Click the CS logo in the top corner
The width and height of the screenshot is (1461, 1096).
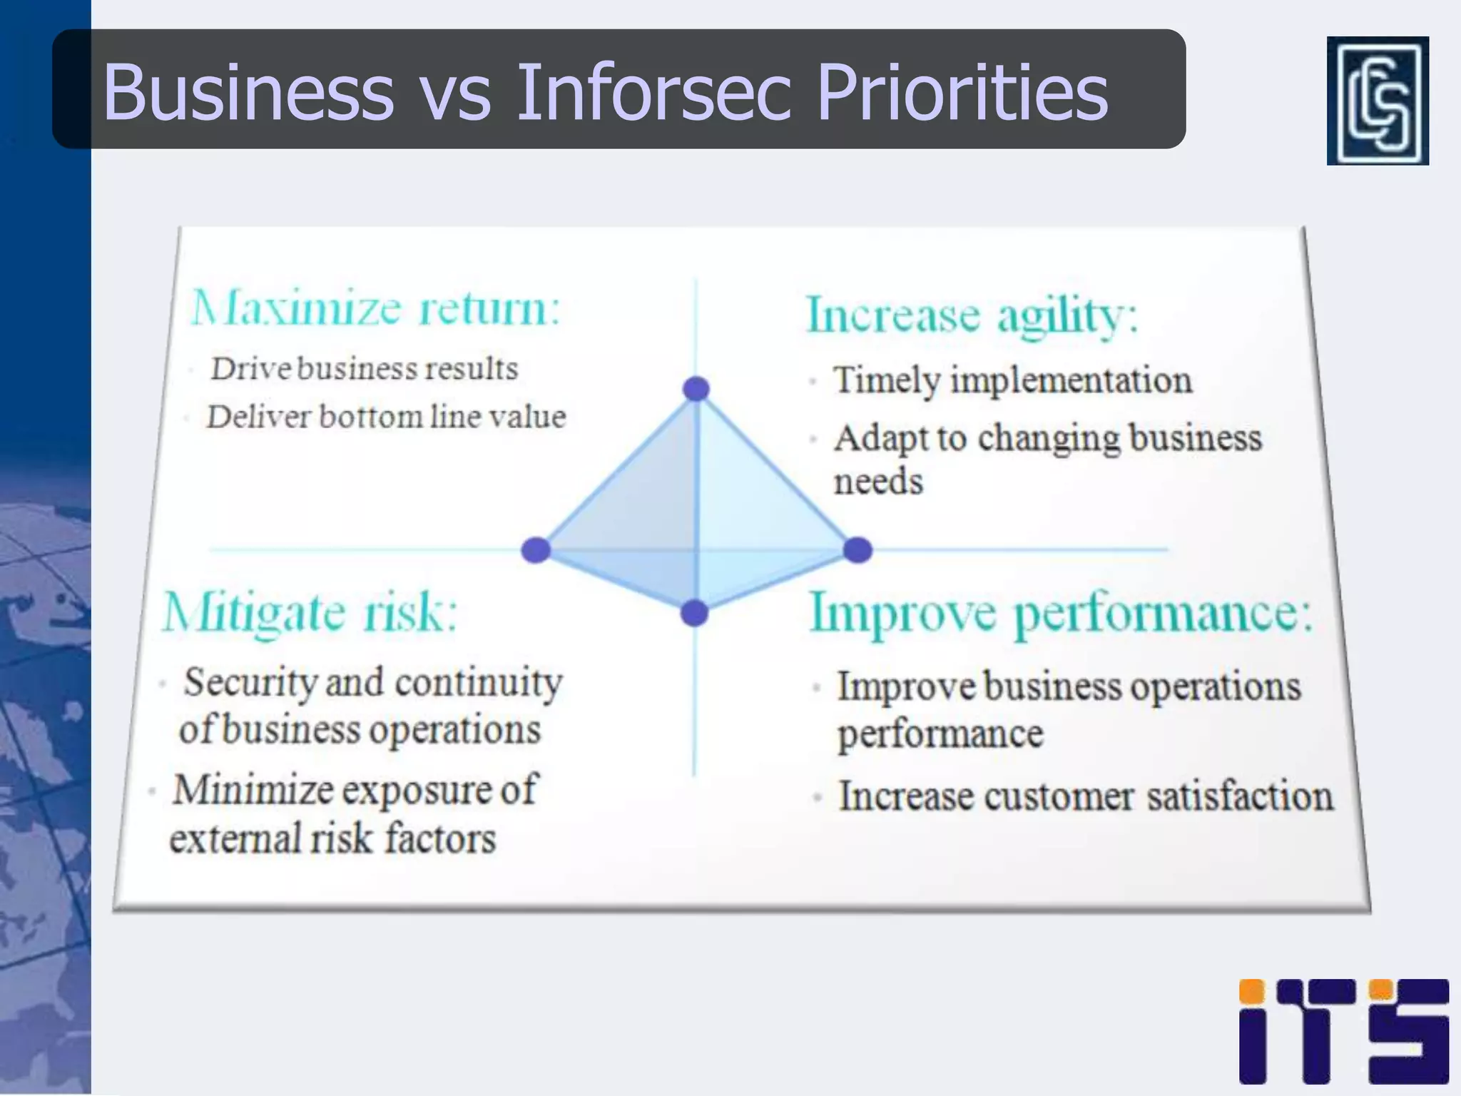(1377, 101)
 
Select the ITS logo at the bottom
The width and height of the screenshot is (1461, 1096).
(1343, 1031)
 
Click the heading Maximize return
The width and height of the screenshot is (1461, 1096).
(376, 308)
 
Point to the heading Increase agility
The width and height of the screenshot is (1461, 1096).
(971, 315)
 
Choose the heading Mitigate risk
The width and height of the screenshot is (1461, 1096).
(310, 612)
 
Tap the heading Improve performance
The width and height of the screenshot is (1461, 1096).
(1061, 612)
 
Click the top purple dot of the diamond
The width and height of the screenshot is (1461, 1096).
(696, 389)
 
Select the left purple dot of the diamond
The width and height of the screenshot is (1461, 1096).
(536, 550)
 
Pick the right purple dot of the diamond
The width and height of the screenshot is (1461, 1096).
(857, 550)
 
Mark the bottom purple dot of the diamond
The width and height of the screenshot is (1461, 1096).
(694, 613)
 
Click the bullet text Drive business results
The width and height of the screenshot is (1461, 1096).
(364, 369)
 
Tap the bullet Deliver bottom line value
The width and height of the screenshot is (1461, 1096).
(386, 417)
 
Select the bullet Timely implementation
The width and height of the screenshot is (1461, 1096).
(1012, 380)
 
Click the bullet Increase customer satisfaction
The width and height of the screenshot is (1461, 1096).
(1085, 796)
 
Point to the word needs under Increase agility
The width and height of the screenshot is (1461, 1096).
(878, 481)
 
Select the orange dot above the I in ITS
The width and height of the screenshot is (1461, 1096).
(1251, 991)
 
